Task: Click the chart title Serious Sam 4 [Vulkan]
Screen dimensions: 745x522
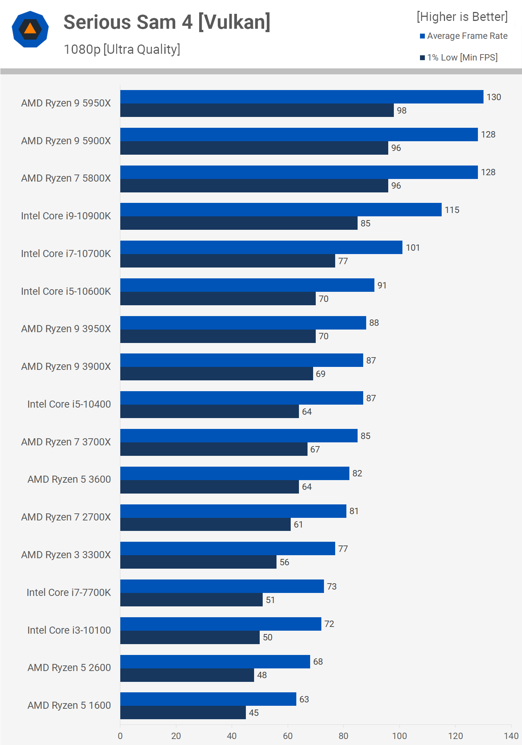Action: [x=167, y=22]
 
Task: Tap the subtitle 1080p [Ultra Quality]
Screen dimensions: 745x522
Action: [x=122, y=49]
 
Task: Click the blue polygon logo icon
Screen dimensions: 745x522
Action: [x=30, y=29]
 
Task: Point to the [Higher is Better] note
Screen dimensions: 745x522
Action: [x=462, y=17]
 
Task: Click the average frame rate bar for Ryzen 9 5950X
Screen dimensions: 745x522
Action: [x=302, y=97]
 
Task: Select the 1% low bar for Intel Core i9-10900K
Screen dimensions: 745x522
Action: [x=239, y=223]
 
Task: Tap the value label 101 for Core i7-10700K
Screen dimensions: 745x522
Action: [x=413, y=248]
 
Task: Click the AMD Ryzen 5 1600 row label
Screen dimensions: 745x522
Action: [x=69, y=705]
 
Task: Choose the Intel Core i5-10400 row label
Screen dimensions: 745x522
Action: [x=69, y=404]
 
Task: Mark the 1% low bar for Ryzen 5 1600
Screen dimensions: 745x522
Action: [x=183, y=712]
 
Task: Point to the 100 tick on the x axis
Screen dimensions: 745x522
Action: [x=399, y=736]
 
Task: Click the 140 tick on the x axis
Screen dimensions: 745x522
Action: [x=511, y=736]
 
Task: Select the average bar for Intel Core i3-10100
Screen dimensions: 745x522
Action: [x=220, y=624]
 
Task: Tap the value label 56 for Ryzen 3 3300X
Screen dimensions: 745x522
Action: [x=284, y=562]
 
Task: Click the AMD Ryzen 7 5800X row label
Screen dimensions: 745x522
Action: [x=66, y=178]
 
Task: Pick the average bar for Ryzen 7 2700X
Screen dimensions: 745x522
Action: [x=233, y=511]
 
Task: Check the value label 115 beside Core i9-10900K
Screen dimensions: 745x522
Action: [x=452, y=210]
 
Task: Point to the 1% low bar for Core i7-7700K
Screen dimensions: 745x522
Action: [x=191, y=600]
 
